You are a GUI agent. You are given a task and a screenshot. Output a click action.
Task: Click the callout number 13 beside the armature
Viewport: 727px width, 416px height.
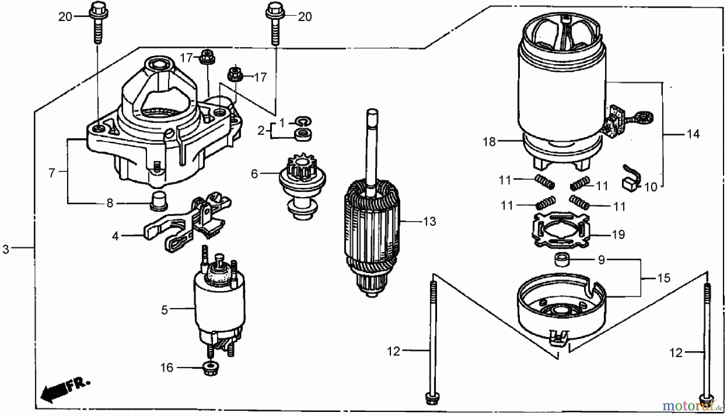click(430, 221)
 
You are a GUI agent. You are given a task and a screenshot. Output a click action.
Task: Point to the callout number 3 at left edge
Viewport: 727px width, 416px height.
click(6, 249)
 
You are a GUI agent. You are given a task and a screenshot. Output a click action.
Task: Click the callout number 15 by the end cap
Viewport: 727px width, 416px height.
click(663, 278)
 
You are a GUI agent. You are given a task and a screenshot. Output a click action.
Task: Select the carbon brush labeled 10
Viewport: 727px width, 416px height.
click(629, 184)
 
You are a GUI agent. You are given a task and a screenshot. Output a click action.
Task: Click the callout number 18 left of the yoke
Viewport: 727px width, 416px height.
click(489, 142)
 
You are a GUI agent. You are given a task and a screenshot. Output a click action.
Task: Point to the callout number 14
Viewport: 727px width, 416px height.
click(693, 134)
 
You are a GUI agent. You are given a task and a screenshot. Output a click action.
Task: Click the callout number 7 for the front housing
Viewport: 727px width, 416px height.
click(51, 173)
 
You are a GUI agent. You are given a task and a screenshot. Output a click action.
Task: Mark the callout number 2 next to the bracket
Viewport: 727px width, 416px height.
click(261, 130)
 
